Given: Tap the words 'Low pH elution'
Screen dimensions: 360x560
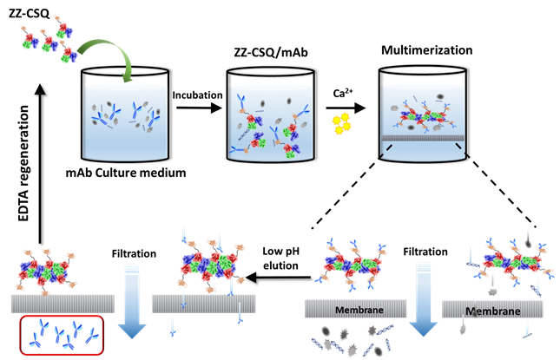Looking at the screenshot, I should [282, 259].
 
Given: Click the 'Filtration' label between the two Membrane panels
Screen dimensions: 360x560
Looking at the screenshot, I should [425, 252].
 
